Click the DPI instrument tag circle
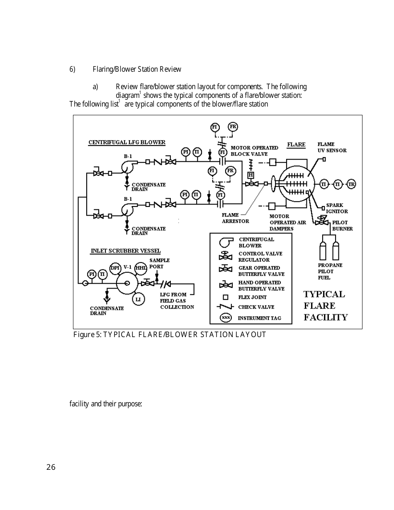pyautogui.click(x=115, y=268)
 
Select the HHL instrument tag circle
pyautogui.click(x=141, y=268)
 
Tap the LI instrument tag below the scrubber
pyautogui.click(x=139, y=299)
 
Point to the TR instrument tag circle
pyautogui.click(x=351, y=184)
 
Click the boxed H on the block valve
pyautogui.click(x=251, y=175)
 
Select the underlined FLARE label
pyautogui.click(x=296, y=145)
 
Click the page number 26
pyautogui.click(x=51, y=467)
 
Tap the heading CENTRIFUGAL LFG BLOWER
pyautogui.click(x=127, y=142)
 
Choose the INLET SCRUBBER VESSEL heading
pyautogui.click(x=126, y=251)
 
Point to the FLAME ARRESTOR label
pyautogui.click(x=235, y=218)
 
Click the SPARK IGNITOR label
pyautogui.click(x=337, y=208)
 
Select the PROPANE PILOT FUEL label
pyautogui.click(x=330, y=271)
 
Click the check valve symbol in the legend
pyautogui.click(x=226, y=307)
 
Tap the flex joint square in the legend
pyautogui.click(x=226, y=297)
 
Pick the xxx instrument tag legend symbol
pyautogui.click(x=226, y=318)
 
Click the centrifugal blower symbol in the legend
pyautogui.click(x=226, y=242)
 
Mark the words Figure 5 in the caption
pyautogui.click(x=87, y=335)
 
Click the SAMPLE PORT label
pyautogui.click(x=159, y=263)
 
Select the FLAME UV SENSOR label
pyautogui.click(x=332, y=148)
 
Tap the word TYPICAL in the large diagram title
pyautogui.click(x=324, y=294)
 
